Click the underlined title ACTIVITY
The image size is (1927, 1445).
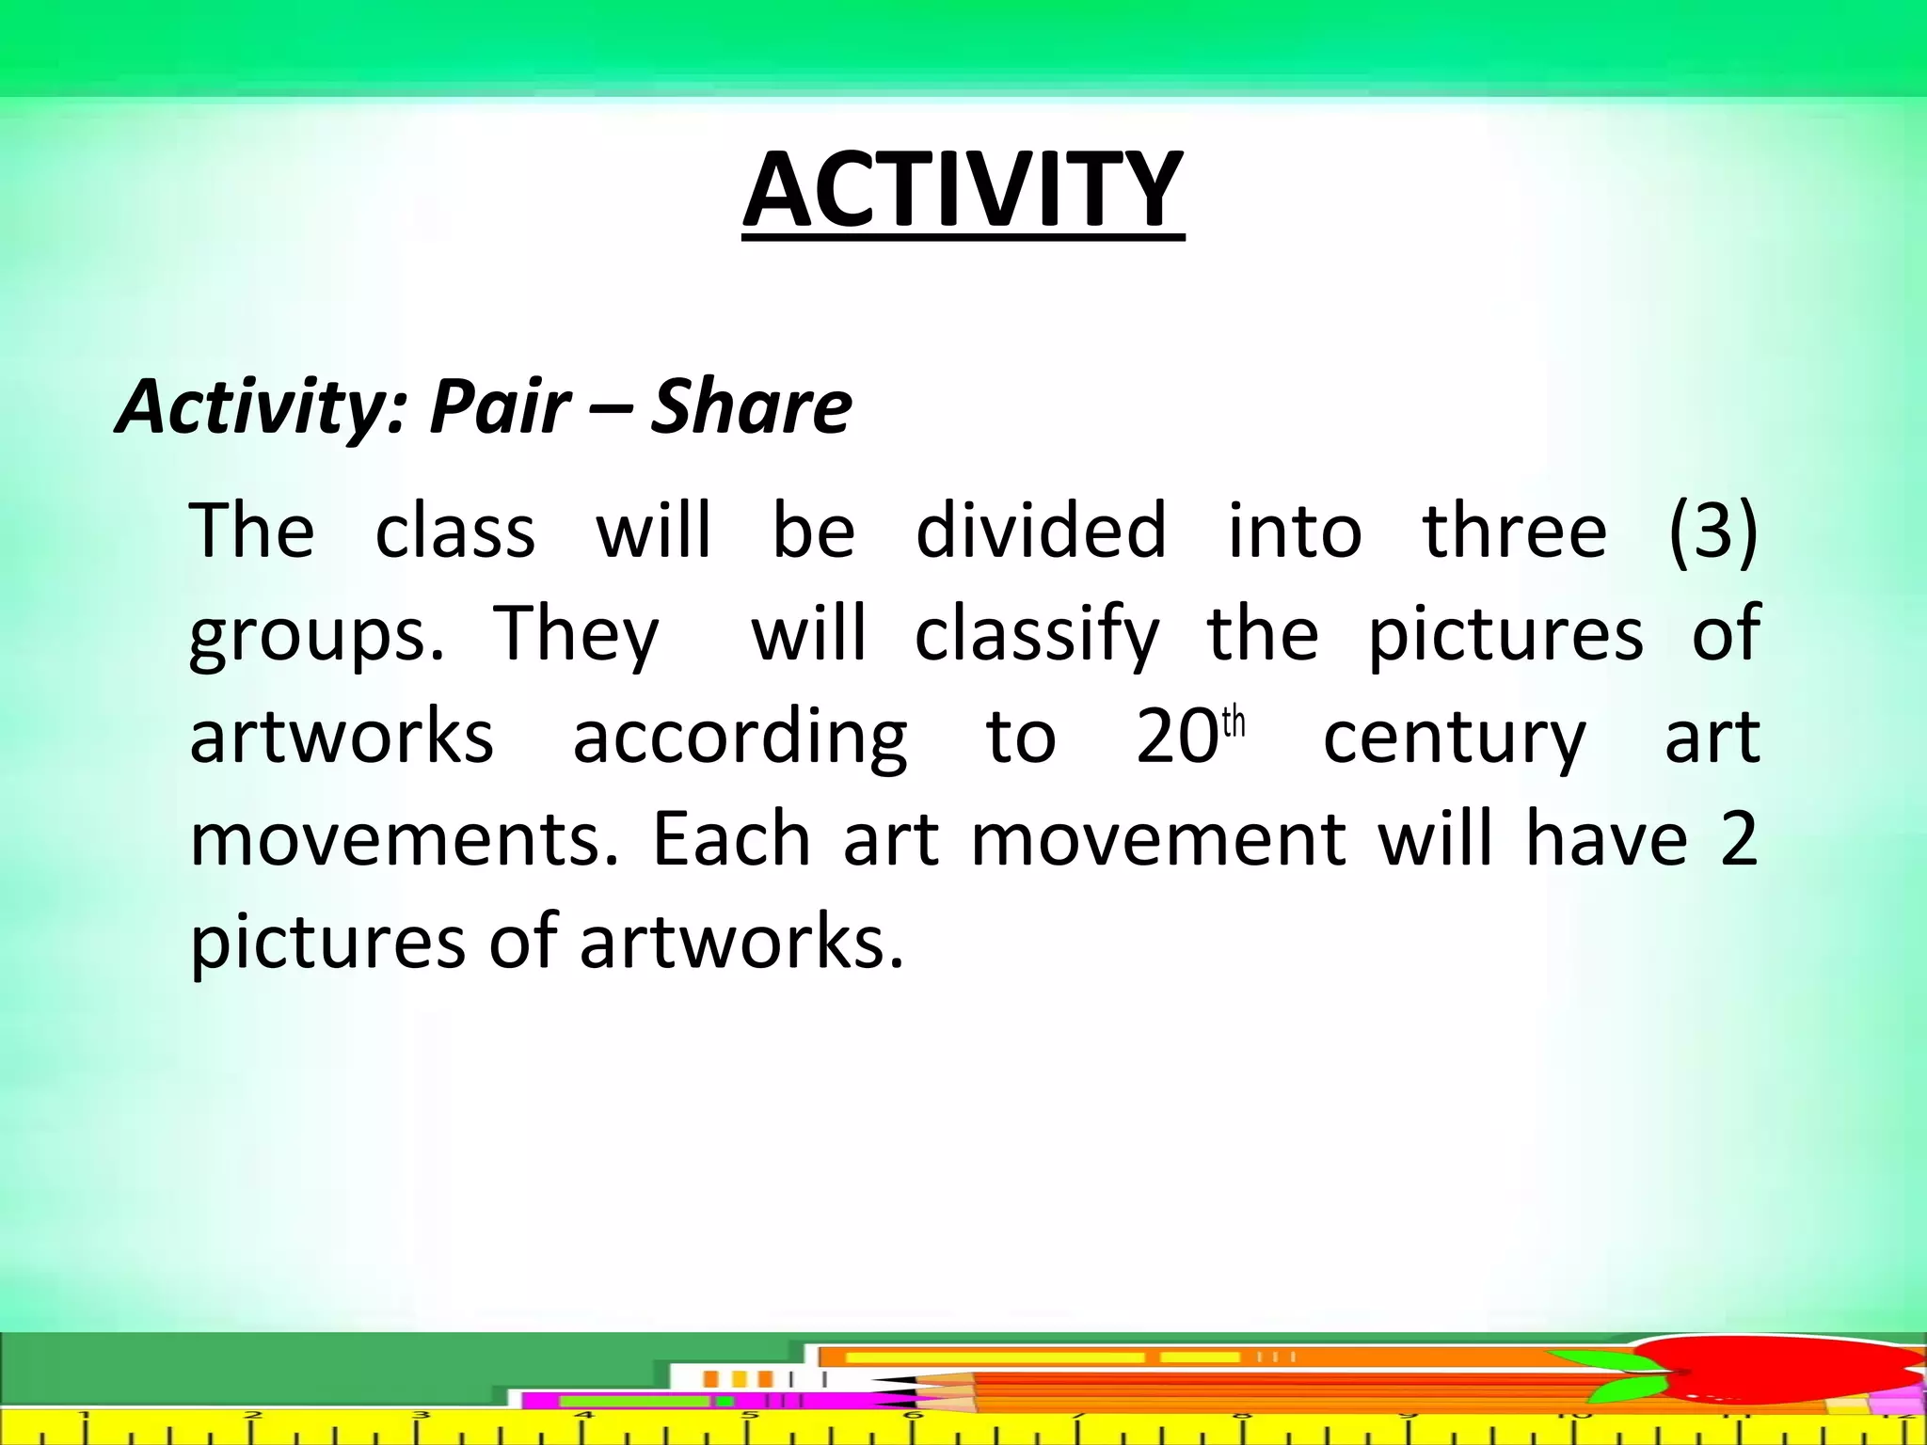[963, 193]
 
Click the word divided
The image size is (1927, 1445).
[1041, 531]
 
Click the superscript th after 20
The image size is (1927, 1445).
[1234, 723]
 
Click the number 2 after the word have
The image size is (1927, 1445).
[1738, 839]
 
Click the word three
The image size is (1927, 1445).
[1514, 531]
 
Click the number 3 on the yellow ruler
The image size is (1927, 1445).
[420, 1415]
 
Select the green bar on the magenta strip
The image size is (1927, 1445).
[635, 1402]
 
